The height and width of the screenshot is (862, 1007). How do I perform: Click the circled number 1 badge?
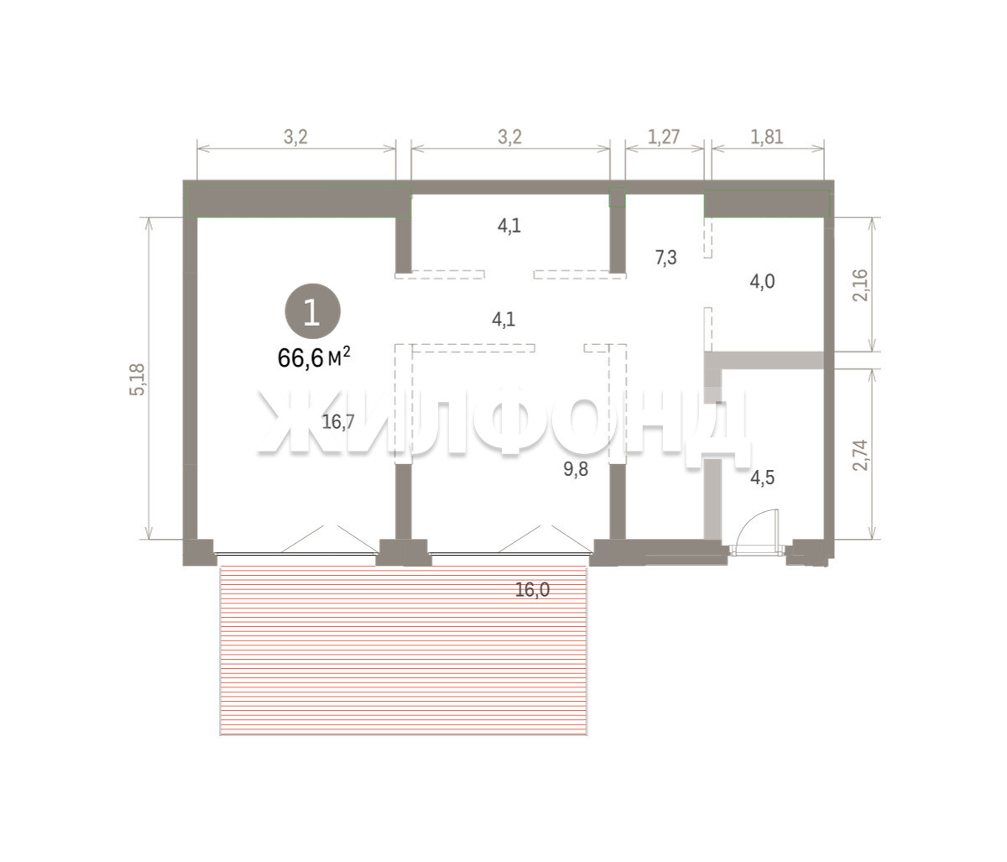312,311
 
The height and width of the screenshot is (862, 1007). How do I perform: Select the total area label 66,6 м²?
314,358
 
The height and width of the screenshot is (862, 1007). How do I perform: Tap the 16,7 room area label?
338,421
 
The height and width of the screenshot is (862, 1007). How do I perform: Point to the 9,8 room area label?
576,469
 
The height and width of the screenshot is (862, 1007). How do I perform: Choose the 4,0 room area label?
763,282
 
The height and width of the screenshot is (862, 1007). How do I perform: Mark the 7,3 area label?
666,258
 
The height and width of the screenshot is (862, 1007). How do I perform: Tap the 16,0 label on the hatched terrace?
533,590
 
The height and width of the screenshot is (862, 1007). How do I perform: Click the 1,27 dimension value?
664,137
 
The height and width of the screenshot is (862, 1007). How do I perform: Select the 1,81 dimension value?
767,137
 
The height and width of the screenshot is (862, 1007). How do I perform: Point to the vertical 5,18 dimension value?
138,379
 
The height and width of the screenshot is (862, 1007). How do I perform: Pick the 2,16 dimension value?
860,285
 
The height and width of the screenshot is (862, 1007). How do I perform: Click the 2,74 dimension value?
860,455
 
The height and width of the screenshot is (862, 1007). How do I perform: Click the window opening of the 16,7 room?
297,554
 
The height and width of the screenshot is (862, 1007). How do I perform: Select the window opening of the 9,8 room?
510,554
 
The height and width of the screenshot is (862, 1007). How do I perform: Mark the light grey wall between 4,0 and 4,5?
764,360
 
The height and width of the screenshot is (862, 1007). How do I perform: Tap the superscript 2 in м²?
347,351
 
